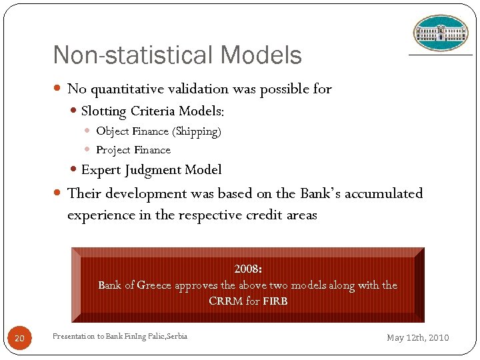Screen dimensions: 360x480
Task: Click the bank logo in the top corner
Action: [x=441, y=33]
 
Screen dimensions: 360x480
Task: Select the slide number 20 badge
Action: [x=19, y=339]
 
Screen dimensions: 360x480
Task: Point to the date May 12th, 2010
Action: [x=418, y=338]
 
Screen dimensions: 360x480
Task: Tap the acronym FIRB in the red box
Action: [x=275, y=301]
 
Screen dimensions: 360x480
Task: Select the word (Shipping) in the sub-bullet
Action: [x=197, y=131]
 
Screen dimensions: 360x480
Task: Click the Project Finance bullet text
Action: [x=133, y=150]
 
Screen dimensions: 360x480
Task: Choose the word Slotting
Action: [x=105, y=111]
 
